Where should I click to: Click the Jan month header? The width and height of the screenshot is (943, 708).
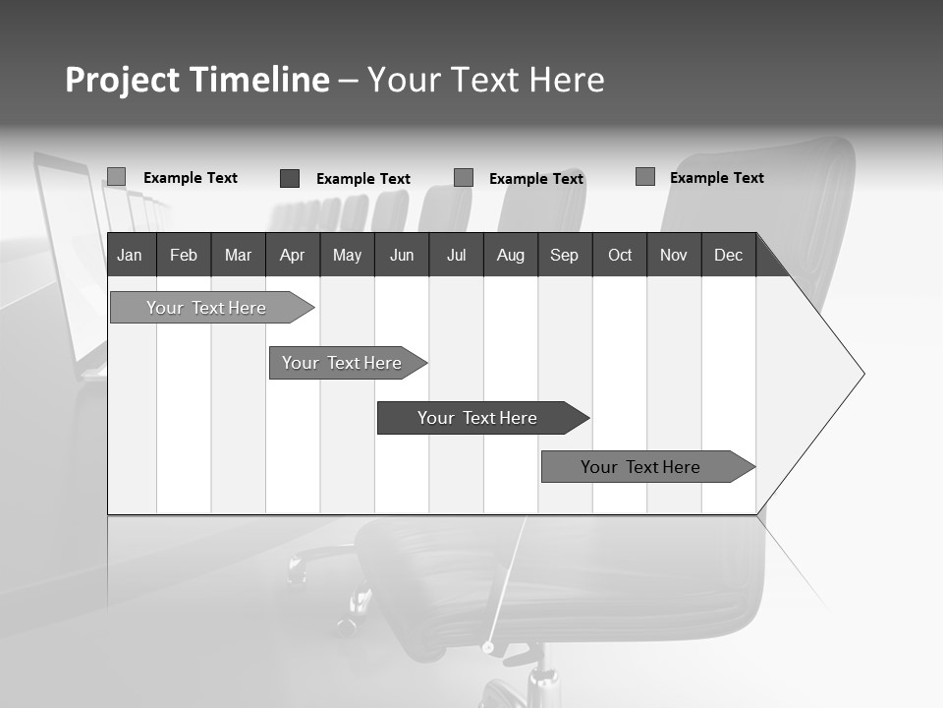pos(130,255)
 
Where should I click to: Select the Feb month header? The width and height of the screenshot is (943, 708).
pos(184,255)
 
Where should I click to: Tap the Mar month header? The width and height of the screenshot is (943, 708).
pos(238,255)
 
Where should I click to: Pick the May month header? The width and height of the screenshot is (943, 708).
pos(347,255)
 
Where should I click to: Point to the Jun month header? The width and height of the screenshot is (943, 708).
pos(402,255)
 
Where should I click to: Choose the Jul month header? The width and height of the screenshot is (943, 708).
pos(456,255)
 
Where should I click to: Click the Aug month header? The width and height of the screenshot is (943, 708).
pos(511,255)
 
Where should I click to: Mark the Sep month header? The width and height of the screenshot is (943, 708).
pos(564,255)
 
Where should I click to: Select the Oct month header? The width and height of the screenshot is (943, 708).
pos(620,255)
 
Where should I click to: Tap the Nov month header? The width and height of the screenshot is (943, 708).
pos(674,255)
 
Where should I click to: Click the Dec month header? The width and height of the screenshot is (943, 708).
pos(728,255)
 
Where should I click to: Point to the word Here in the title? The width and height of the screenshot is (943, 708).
pos(567,80)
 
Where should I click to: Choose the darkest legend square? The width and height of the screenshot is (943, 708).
pos(290,178)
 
